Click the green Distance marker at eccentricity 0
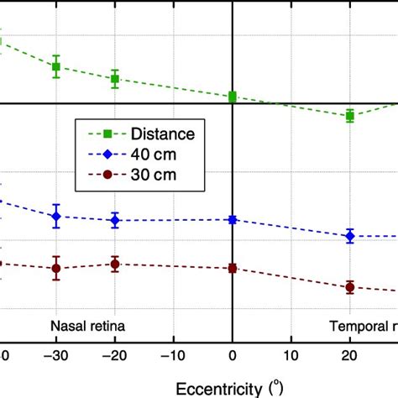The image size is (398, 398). (x=233, y=97)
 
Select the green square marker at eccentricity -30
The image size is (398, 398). (x=56, y=66)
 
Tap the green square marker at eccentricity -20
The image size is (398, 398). (x=115, y=79)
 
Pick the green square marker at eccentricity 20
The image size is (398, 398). (x=350, y=116)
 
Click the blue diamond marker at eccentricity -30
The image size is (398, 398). (x=56, y=217)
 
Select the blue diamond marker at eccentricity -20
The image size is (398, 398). (x=115, y=221)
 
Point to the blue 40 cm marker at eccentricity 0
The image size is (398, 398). (x=233, y=220)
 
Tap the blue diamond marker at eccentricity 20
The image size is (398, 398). (x=350, y=236)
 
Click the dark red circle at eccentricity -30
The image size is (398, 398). (x=56, y=269)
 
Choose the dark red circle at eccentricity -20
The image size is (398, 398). (x=115, y=264)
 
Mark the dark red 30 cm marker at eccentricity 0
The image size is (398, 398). (x=233, y=269)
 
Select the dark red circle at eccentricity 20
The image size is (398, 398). (x=350, y=287)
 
